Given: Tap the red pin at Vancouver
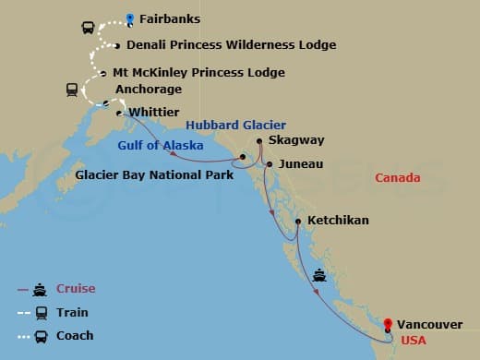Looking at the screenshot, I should pyautogui.click(x=388, y=324).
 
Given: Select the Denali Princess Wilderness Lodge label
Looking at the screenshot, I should pyautogui.click(x=231, y=44).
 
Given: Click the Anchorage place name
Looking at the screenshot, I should pyautogui.click(x=149, y=90).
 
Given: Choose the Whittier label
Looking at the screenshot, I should pyautogui.click(x=155, y=113).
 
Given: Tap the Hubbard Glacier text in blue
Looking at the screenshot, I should pyautogui.click(x=235, y=125).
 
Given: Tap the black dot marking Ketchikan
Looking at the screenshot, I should pyautogui.click(x=297, y=221).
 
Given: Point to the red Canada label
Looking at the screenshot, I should pyautogui.click(x=398, y=177).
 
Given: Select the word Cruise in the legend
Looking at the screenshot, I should pyautogui.click(x=77, y=289).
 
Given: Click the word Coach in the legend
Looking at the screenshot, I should pyautogui.click(x=75, y=335).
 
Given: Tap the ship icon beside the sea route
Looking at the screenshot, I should pyautogui.click(x=319, y=274).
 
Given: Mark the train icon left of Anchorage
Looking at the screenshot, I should pyautogui.click(x=71, y=90).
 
